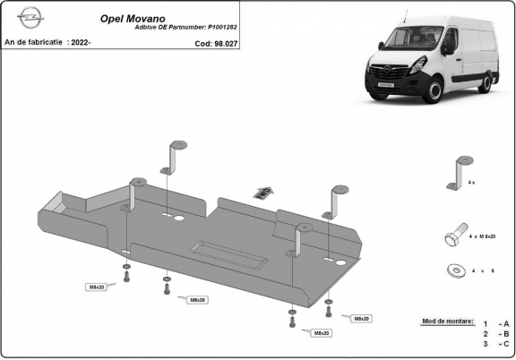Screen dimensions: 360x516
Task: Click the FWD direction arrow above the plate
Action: pos(263,192)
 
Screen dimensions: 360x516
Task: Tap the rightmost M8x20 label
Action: pos(360,319)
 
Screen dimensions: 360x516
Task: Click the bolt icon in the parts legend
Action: pos(455,236)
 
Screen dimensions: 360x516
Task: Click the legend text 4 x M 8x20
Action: pos(482,237)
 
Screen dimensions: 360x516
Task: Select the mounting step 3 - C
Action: pos(495,343)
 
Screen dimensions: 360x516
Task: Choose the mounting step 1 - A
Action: pos(495,323)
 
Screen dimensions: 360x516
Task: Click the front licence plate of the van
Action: pos(383,82)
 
